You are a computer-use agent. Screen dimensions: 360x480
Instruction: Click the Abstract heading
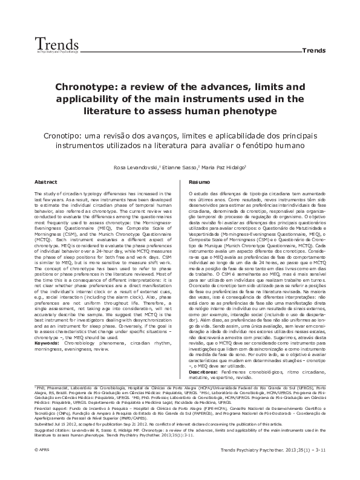coord(46,181)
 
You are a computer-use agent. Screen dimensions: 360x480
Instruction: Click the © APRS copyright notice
coord(43,467)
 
